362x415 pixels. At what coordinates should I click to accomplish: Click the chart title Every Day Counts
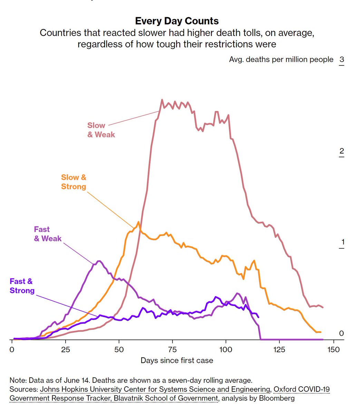coord(177,21)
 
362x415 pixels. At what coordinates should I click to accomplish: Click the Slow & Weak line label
coord(101,130)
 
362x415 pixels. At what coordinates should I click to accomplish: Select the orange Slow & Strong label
coord(74,182)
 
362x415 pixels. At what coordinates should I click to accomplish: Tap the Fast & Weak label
coord(48,234)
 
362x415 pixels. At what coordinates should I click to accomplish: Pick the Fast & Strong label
coord(22,286)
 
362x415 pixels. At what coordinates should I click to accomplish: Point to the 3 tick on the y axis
coord(341,59)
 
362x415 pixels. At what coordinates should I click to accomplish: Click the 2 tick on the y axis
coord(341,151)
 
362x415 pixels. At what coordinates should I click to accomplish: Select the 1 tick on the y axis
coord(342,242)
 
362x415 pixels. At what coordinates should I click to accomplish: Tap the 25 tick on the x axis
coord(66,350)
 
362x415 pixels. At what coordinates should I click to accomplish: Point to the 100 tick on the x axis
coord(226,350)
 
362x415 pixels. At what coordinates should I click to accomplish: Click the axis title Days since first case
coord(177,361)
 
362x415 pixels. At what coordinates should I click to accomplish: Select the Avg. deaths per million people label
coord(281,59)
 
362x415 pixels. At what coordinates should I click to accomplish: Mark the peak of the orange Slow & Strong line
coord(138,222)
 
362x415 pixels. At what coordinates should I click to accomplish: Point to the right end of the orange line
coord(321,332)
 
